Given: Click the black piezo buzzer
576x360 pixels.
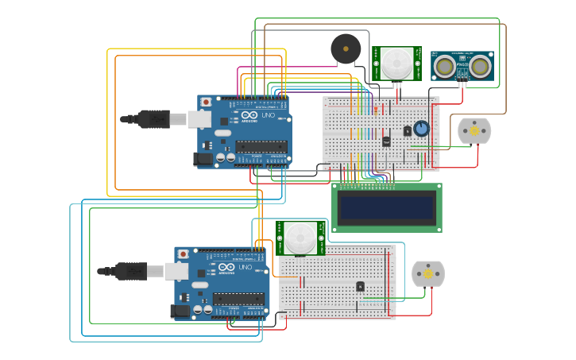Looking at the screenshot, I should pyautogui.click(x=346, y=49).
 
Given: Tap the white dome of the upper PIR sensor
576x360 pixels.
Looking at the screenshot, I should pyautogui.click(x=396, y=63).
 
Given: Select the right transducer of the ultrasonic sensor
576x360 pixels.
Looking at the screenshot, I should pyautogui.click(x=480, y=68).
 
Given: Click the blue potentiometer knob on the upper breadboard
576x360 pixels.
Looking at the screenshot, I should pyautogui.click(x=421, y=128).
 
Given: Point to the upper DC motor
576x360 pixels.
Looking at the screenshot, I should pyautogui.click(x=474, y=131).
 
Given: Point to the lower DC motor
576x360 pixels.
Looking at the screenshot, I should pyautogui.click(x=428, y=274).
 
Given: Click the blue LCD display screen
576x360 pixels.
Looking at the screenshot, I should pyautogui.click(x=386, y=208).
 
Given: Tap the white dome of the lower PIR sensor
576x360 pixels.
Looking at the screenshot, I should pyautogui.click(x=300, y=238).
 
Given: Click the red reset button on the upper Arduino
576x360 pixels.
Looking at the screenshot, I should pyautogui.click(x=207, y=103).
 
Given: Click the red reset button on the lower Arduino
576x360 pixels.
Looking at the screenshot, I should pyautogui.click(x=184, y=254).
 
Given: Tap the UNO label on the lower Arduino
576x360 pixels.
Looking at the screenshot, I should pyautogui.click(x=245, y=268).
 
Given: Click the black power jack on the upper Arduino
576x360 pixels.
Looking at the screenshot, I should pyautogui.click(x=204, y=159).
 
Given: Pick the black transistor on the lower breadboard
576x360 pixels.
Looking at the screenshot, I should pyautogui.click(x=360, y=286).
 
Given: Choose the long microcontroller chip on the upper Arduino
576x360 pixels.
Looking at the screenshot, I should pyautogui.click(x=261, y=146).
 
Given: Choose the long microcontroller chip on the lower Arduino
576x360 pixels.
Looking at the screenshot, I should pyautogui.click(x=238, y=298).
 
